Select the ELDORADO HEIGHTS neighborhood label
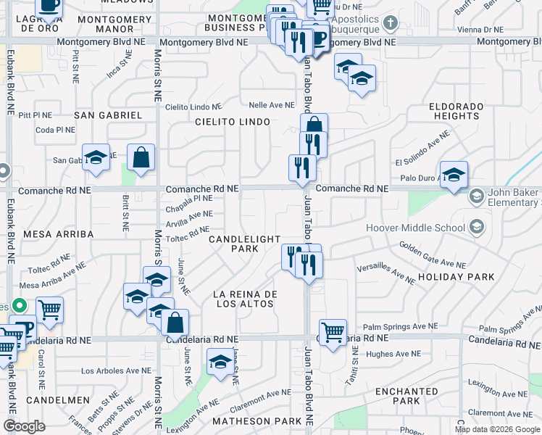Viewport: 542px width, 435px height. pyautogui.click(x=456, y=111)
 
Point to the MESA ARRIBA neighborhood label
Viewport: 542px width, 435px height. pyautogui.click(x=59, y=234)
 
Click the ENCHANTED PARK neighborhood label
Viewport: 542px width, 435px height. pyautogui.click(x=407, y=396)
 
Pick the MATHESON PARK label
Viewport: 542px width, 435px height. pyautogui.click(x=257, y=421)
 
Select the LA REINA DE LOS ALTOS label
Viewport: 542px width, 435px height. pyautogui.click(x=245, y=299)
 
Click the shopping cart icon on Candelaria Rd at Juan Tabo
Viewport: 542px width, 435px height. pyautogui.click(x=333, y=333)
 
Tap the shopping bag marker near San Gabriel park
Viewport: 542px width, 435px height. pyautogui.click(x=141, y=157)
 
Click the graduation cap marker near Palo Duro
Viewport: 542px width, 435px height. pyautogui.click(x=454, y=175)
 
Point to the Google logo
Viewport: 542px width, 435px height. pyautogui.click(x=25, y=426)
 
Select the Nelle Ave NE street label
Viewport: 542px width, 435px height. pyautogui.click(x=267, y=105)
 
